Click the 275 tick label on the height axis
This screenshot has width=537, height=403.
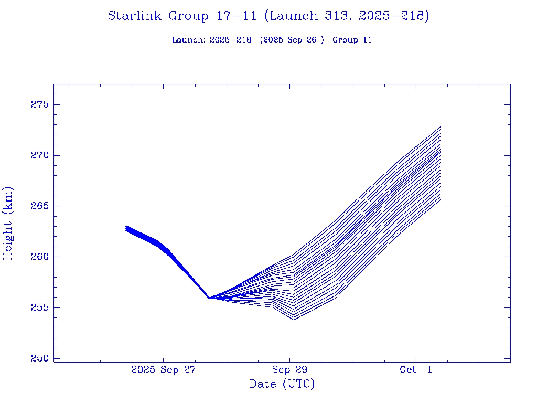[x=39, y=105]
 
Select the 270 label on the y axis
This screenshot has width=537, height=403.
[x=39, y=156]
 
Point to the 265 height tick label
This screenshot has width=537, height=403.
[x=39, y=206]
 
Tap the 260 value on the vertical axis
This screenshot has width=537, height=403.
[x=39, y=257]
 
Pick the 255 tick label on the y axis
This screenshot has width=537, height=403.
[x=39, y=308]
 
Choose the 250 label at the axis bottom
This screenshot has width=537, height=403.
[x=39, y=358]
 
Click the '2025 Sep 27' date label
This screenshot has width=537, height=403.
[x=163, y=370]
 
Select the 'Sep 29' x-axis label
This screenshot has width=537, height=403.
[x=289, y=370]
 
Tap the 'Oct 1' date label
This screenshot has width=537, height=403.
[x=416, y=370]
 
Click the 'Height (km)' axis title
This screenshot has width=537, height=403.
[x=8, y=223]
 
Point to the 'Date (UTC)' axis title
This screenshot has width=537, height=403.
[x=282, y=385]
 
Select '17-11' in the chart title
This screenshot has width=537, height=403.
[x=236, y=16]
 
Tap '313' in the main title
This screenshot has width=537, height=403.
[x=336, y=16]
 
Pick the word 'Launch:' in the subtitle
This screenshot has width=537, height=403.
[x=189, y=40]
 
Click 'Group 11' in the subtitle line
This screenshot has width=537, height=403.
[x=352, y=40]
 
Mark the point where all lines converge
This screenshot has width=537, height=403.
[x=209, y=298]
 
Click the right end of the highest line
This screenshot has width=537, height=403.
[x=440, y=127]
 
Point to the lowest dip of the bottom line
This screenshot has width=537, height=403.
[x=294, y=320]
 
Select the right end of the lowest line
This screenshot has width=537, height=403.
[x=440, y=200]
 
